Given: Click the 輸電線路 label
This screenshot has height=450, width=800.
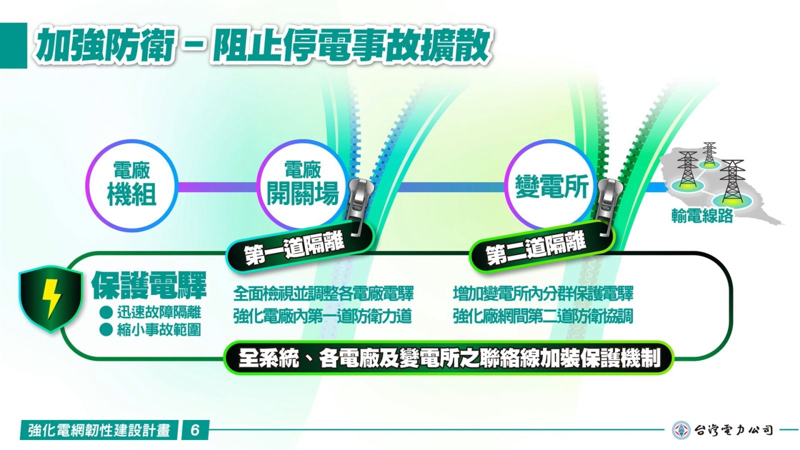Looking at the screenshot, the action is (702, 215).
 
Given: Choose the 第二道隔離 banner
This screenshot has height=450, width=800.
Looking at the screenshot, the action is (540, 247).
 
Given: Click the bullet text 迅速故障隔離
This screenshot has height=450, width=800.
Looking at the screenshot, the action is (159, 312).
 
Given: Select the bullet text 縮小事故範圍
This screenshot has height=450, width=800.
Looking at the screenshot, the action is (159, 329).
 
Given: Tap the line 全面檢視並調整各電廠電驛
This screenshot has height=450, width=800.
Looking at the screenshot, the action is (323, 293).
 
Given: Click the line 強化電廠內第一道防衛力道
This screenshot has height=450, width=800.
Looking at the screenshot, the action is (322, 316).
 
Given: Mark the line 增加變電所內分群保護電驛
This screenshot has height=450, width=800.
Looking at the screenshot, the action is (543, 293).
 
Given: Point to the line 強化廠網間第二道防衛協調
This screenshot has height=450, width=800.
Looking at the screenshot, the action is (543, 316).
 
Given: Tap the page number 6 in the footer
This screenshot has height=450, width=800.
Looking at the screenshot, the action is (194, 430).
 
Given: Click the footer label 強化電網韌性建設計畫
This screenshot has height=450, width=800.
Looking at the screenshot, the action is (99, 430).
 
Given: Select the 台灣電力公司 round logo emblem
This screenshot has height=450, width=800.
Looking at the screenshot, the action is (680, 430).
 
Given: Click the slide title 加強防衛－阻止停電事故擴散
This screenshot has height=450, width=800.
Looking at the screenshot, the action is (262, 45).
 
